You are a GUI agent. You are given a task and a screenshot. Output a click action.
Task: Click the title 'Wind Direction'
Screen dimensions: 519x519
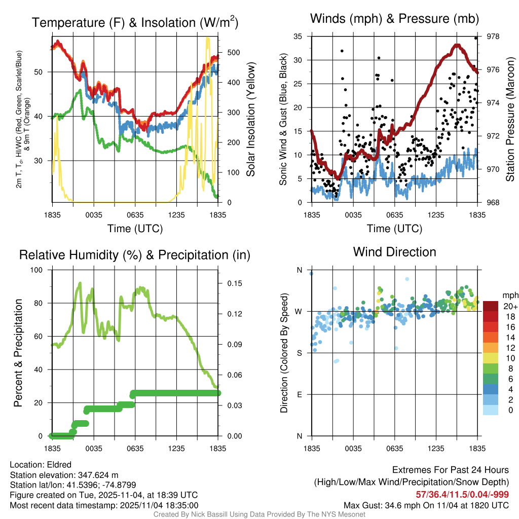pos(394,252)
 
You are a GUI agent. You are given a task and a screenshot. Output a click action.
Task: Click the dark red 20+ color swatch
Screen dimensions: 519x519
pos(491,306)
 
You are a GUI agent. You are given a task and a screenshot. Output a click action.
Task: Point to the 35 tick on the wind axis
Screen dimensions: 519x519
pos(298,36)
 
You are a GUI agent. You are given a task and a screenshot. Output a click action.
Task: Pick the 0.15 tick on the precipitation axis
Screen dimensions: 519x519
pos(234,283)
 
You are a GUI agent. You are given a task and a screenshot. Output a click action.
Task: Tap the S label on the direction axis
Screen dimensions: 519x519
pos(299,353)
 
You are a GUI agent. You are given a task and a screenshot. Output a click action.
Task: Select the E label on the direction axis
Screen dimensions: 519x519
pos(299,394)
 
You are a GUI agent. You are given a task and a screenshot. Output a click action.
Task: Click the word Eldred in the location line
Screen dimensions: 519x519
pos(58,465)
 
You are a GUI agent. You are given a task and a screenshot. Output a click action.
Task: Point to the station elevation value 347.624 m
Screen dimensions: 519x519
pos(98,475)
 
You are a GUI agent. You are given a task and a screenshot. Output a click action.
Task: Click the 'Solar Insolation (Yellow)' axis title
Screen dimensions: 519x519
pos(251,120)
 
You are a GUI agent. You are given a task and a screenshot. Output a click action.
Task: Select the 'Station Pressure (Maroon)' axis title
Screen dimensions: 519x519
pos(510,120)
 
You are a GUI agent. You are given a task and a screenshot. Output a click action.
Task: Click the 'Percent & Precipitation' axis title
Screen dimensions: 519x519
pos(18,353)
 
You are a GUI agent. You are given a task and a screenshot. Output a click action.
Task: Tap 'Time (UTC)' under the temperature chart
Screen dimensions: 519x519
pos(135,229)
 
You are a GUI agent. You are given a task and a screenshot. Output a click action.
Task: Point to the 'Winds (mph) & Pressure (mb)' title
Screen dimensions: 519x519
pos(394,19)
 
